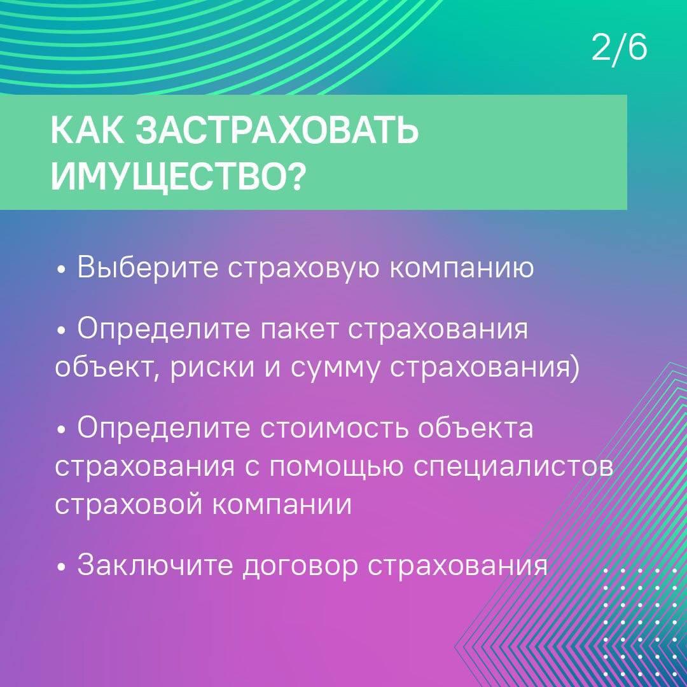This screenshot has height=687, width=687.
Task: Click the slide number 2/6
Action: click(619, 48)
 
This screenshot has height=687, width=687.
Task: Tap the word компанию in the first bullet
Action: click(462, 269)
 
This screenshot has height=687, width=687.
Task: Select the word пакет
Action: click(299, 330)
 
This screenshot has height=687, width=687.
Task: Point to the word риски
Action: click(212, 368)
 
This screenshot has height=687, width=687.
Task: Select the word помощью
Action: click(336, 468)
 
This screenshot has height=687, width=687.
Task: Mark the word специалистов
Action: click(513, 468)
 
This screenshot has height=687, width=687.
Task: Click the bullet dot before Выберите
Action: click(61, 270)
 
